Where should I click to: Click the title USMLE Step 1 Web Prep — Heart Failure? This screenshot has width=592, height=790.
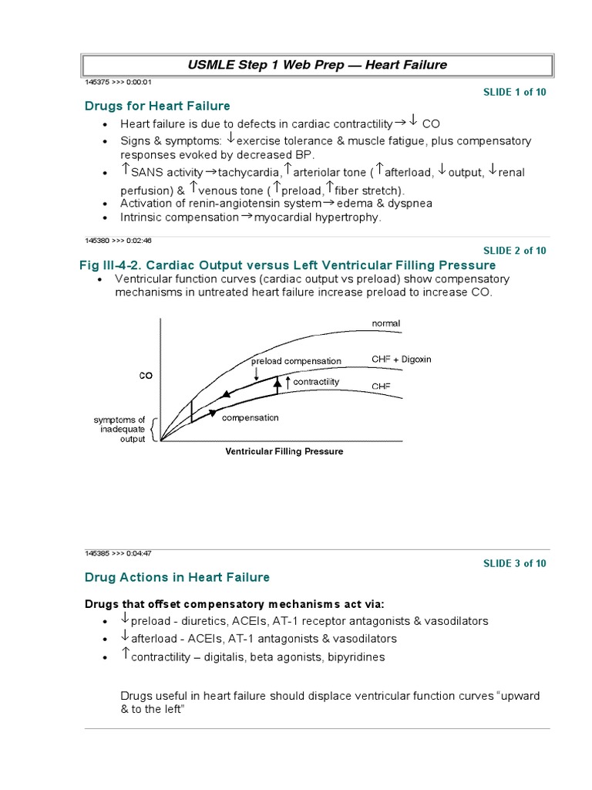point(317,65)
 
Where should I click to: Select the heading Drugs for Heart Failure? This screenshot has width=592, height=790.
point(157,106)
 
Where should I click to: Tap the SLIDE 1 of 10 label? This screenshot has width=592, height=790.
point(514,92)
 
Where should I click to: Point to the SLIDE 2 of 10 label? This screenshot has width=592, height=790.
point(514,250)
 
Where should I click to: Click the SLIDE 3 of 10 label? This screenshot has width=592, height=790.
point(514,563)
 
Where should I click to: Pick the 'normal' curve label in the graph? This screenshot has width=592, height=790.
point(386,323)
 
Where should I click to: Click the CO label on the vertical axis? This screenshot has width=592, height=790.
point(146,376)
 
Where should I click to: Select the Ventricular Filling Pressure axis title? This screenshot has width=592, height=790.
point(284,451)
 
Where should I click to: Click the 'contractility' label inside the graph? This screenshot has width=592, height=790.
point(316,382)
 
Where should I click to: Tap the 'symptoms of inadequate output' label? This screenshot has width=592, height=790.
point(119,429)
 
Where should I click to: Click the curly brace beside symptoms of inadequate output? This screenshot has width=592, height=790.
point(154,429)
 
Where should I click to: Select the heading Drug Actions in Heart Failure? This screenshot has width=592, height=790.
point(177,577)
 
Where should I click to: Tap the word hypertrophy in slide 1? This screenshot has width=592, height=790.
point(350,218)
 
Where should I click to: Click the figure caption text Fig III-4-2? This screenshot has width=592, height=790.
point(114,265)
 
